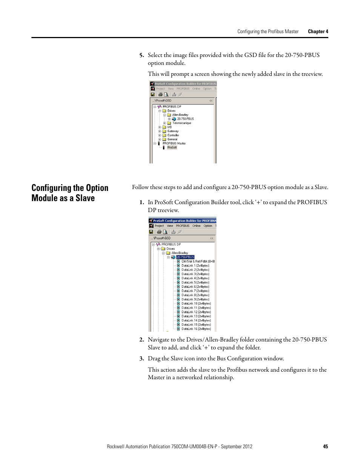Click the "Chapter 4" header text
(318, 32)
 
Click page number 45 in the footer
(325, 446)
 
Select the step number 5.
(142, 55)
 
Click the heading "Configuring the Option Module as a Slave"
(70, 193)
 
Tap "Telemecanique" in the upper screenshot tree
(182, 123)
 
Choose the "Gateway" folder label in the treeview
(173, 131)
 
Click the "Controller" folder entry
(173, 135)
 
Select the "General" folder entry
(172, 139)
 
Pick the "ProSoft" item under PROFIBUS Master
(172, 148)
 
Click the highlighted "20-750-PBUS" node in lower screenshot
(185, 257)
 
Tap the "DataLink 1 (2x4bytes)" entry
(195, 266)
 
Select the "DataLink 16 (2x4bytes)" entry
(196, 329)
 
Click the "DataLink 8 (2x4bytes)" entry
(195, 295)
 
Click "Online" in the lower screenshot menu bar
(196, 226)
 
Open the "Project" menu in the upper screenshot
(160, 89)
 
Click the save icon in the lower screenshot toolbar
(151, 232)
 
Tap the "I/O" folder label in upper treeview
(169, 127)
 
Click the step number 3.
(142, 358)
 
